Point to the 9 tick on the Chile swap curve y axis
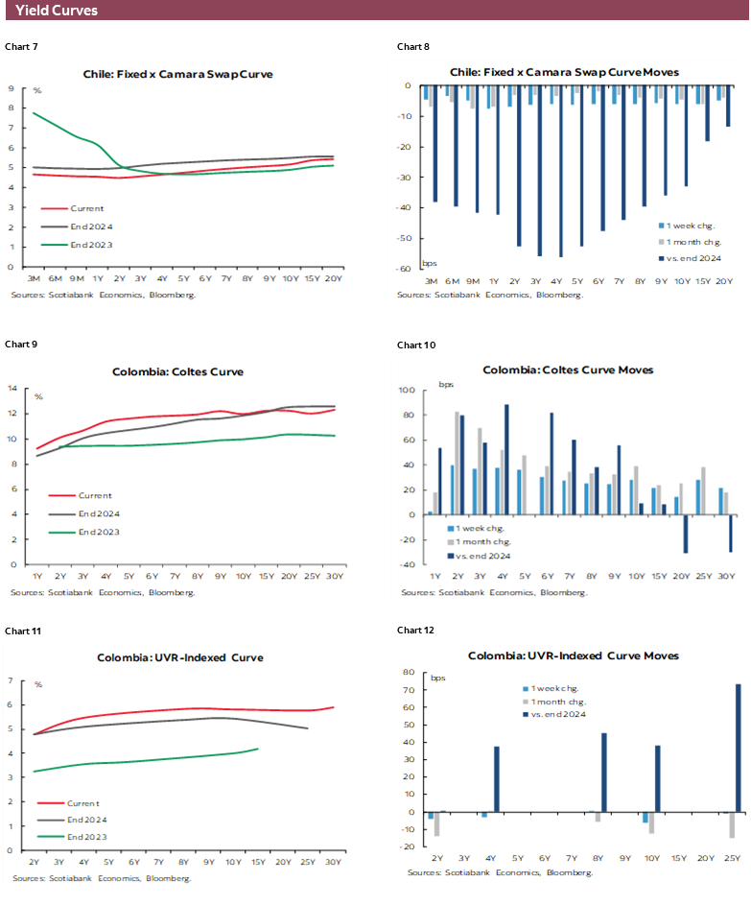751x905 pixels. pos(10,88)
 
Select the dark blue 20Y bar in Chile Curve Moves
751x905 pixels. pos(728,107)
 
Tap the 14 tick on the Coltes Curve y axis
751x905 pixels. pos(13,389)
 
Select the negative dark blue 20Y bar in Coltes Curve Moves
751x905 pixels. pos(686,534)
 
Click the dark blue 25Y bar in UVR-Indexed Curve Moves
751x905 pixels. pos(739,748)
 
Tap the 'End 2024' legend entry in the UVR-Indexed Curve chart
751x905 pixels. pos(86,820)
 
